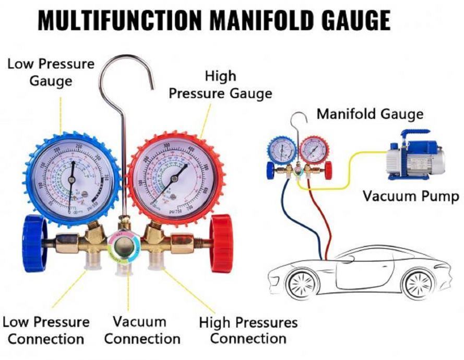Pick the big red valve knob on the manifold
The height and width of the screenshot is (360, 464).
click(221, 243)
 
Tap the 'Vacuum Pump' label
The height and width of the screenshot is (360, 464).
click(411, 196)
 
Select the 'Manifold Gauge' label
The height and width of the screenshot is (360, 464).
click(370, 113)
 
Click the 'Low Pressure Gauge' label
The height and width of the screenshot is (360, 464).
click(51, 72)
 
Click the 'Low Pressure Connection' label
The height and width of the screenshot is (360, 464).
click(46, 330)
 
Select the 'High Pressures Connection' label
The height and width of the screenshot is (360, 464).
click(248, 330)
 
